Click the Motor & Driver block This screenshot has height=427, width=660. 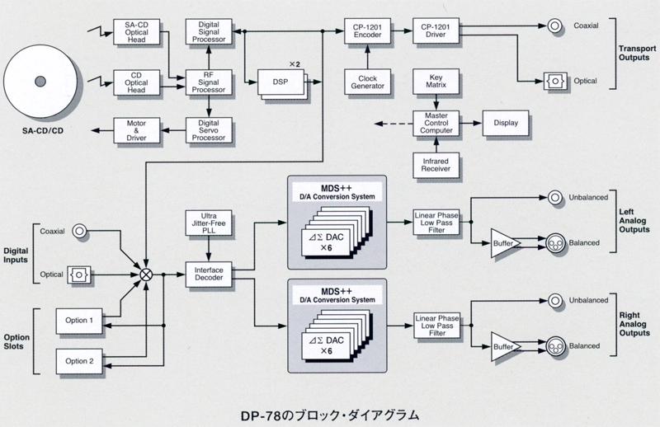(x=136, y=130)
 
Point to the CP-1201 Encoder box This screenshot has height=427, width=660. (x=366, y=32)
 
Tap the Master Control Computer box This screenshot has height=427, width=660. (x=435, y=123)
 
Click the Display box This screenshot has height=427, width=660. (x=506, y=123)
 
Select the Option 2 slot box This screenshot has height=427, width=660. (x=81, y=360)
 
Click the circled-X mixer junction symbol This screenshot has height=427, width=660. (x=147, y=274)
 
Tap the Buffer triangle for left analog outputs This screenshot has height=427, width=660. (x=502, y=242)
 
